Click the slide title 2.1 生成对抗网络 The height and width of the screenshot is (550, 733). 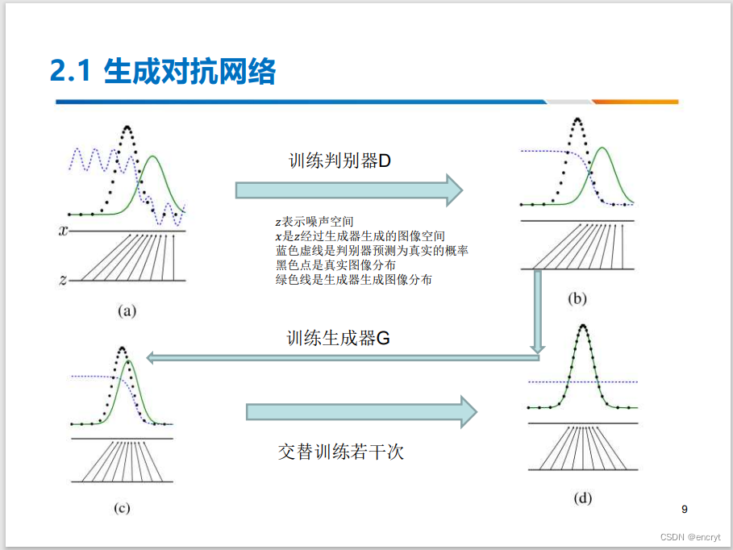162,72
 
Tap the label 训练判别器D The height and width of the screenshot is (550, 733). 339,160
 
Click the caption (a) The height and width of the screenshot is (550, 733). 127,309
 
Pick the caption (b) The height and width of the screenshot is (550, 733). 577,298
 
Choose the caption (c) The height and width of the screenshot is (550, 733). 122,507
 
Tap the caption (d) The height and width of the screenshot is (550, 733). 582,498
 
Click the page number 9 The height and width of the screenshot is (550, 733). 685,509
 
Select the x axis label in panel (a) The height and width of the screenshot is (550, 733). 63,231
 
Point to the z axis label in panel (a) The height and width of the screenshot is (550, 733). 63,280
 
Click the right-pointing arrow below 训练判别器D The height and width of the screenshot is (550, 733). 348,190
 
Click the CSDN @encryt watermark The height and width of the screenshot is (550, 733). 690,537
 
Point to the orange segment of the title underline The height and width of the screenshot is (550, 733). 635,102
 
